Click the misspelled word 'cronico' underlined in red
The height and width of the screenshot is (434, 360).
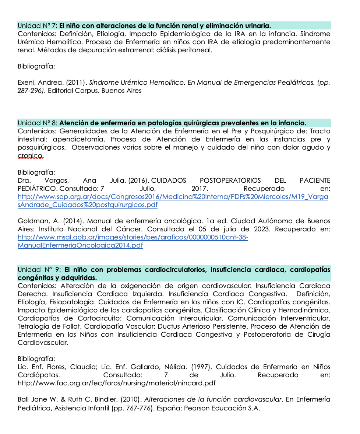(x=31, y=156)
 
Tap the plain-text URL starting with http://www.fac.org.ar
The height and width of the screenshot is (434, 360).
(x=116, y=383)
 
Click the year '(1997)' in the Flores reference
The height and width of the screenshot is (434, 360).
(x=201, y=367)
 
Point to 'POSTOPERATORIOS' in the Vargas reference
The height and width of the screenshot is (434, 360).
(x=230, y=181)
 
